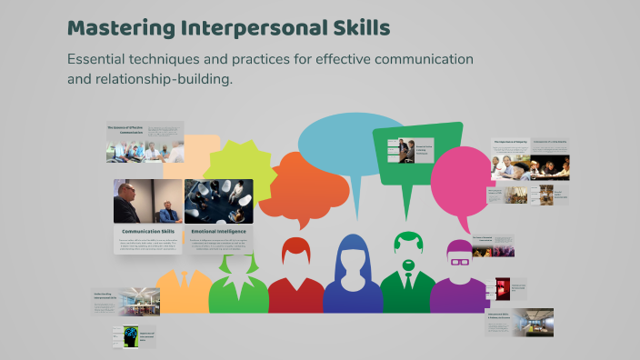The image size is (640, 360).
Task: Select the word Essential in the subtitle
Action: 99,59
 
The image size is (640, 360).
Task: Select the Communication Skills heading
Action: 148,232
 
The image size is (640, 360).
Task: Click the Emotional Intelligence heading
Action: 218,232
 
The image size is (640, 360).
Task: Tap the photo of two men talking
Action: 148,201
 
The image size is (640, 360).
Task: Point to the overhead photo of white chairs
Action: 218,201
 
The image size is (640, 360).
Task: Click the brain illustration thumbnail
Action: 125,336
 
